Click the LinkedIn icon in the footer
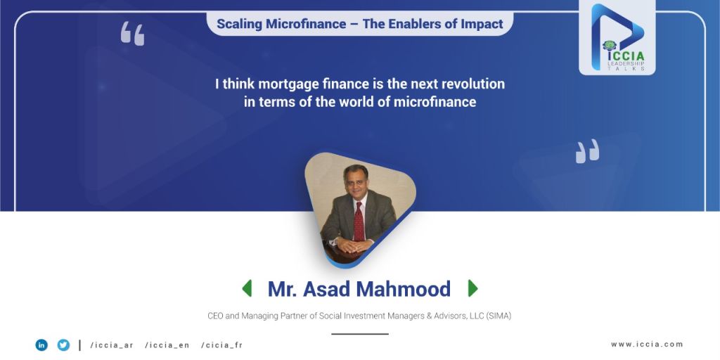tap(41, 345)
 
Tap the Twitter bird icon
tap(63, 345)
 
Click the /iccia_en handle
tap(167, 345)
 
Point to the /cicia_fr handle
tap(221, 345)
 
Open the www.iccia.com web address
tap(647, 344)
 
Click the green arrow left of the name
tap(247, 288)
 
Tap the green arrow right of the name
tap(473, 288)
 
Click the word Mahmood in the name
tap(403, 289)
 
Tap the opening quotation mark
tap(132, 34)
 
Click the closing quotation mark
tap(587, 151)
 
